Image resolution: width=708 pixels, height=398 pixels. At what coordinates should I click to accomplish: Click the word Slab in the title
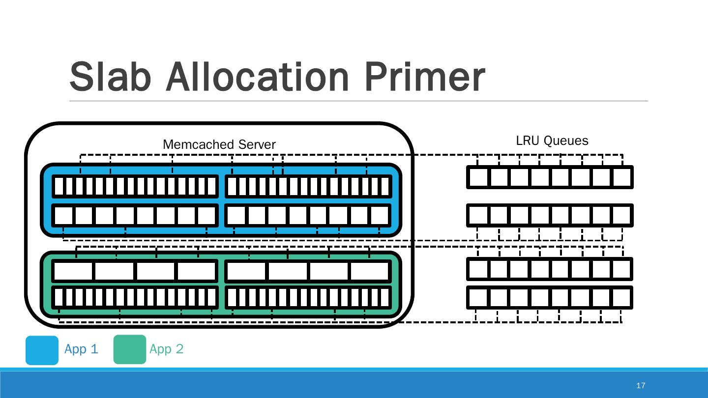109,77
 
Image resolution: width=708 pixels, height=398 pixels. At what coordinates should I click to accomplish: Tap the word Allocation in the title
257,77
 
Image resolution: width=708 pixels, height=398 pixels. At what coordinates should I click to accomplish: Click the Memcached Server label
219,145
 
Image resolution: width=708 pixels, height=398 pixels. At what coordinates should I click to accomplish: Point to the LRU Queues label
552,141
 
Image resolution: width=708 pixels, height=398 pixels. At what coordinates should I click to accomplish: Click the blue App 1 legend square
42,350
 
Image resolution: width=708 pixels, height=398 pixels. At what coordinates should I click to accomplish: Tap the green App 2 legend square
130,349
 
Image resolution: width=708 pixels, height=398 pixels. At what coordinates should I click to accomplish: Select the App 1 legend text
81,349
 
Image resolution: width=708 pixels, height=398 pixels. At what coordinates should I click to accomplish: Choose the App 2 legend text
166,349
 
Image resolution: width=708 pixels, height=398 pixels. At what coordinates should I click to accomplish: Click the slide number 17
640,385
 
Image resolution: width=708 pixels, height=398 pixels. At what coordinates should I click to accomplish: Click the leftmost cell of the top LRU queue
478,177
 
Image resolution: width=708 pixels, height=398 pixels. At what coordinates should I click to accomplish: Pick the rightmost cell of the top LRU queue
622,177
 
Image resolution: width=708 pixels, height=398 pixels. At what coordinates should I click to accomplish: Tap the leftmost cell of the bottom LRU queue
478,298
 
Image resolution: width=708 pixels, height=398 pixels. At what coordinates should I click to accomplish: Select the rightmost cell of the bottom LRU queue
622,298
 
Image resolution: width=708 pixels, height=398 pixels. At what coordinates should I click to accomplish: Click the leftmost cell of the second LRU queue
478,215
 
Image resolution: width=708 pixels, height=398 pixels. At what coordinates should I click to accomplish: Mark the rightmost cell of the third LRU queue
622,269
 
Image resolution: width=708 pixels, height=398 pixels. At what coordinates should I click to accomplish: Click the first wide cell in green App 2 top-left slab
73,271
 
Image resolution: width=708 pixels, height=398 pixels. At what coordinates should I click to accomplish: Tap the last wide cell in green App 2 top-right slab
370,271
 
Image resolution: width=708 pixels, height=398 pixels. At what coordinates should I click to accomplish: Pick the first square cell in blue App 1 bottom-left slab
63,216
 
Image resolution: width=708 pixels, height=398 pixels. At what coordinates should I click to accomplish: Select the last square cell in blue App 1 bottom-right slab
380,216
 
